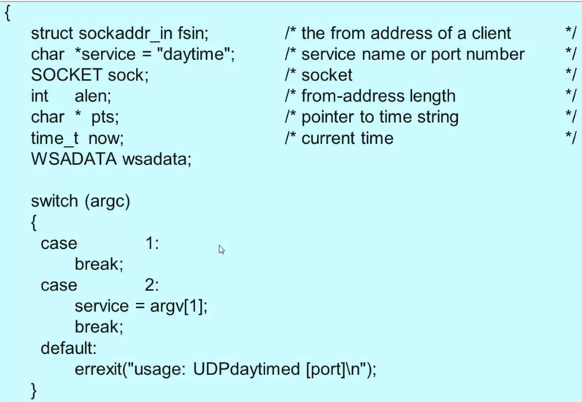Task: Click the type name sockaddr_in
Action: (125, 34)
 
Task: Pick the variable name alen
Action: (91, 96)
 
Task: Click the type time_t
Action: (55, 139)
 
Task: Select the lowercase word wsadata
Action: (155, 159)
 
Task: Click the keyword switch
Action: (55, 201)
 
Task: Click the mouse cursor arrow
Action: (221, 249)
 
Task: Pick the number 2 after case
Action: (149, 285)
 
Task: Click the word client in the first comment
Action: (491, 34)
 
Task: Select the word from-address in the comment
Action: (378, 96)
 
